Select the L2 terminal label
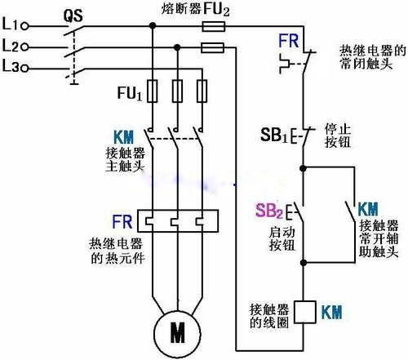(x=11, y=46)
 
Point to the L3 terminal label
(x=11, y=65)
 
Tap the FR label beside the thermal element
(x=123, y=220)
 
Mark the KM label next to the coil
(x=332, y=312)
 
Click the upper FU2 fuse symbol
(x=214, y=26)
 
